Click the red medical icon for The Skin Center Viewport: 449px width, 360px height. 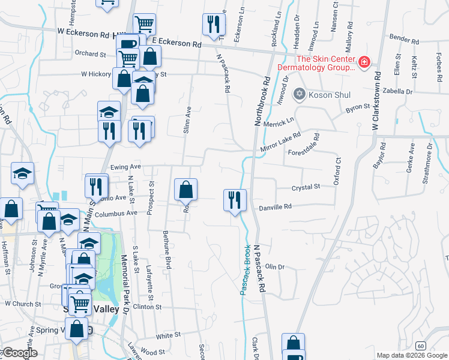click(x=364, y=62)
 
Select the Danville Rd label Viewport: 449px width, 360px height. click(x=275, y=206)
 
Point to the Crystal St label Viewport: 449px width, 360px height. click(x=306, y=187)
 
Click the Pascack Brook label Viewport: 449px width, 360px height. click(x=246, y=270)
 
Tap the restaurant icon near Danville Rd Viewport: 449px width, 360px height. click(x=235, y=199)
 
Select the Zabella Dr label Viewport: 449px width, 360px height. click(x=400, y=92)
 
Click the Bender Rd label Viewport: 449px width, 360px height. click(x=403, y=39)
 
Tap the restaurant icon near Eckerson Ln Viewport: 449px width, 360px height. click(x=213, y=26)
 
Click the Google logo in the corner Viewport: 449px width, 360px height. click(x=19, y=353)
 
